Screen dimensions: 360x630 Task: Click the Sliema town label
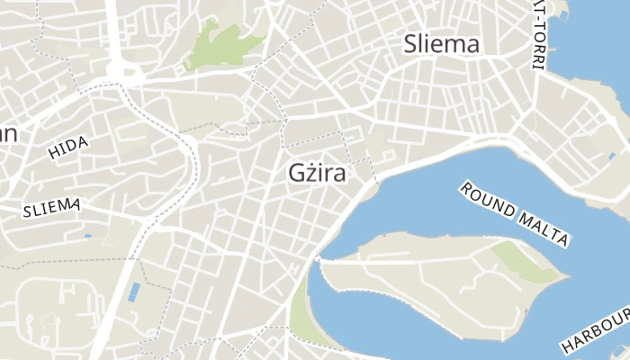[x=441, y=43]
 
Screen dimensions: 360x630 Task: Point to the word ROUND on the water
[x=490, y=202]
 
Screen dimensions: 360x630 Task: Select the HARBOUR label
[x=595, y=331]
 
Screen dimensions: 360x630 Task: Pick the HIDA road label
[x=68, y=148]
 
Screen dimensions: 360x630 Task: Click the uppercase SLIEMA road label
[x=51, y=208]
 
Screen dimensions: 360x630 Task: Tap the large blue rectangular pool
[x=134, y=292]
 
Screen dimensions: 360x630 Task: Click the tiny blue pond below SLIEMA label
[x=87, y=236]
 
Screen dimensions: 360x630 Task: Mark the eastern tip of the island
[x=568, y=274]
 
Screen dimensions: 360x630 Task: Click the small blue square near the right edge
[x=611, y=156]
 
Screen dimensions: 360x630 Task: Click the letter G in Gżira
[x=298, y=173]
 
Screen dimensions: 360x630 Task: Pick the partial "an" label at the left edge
[x=7, y=134]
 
